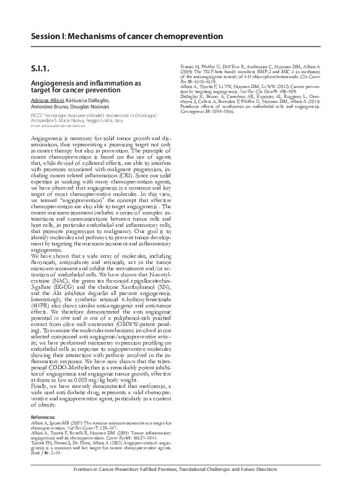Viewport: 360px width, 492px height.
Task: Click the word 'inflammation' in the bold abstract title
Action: coord(99,82)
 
